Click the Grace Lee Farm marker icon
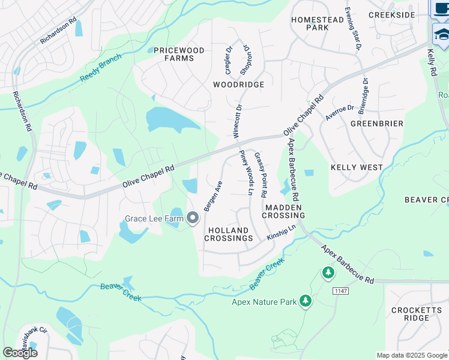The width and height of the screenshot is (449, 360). pos(193,218)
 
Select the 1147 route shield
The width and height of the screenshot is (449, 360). pos(341,290)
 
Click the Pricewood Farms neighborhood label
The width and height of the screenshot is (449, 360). pos(179,54)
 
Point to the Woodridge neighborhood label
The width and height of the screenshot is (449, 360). pos(238,85)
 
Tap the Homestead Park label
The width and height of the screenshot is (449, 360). pos(317,23)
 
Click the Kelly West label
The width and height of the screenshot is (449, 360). pos(357,167)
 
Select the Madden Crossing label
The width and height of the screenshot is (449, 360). pos(285,211)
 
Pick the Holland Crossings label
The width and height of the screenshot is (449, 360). pos(228,234)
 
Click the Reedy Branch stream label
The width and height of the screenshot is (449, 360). pos(101,69)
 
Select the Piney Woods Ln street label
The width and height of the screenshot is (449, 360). pos(246,174)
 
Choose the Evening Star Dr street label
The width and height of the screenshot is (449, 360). pos(353,29)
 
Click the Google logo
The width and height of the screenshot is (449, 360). pos(20,353)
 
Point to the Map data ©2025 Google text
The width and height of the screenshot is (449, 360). pos(411,355)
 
